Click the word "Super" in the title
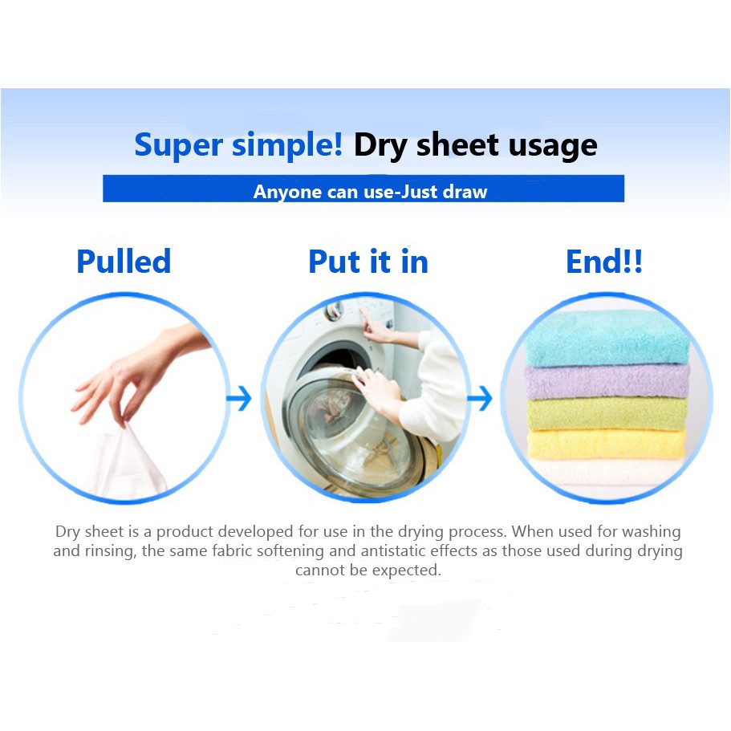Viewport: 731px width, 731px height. pyautogui.click(x=179, y=145)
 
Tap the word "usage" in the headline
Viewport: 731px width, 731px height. pyautogui.click(x=553, y=147)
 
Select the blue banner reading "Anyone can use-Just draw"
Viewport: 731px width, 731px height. pyautogui.click(x=363, y=189)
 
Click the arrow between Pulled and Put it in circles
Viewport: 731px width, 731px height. pyautogui.click(x=239, y=398)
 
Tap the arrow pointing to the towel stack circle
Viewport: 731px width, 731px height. pyautogui.click(x=480, y=398)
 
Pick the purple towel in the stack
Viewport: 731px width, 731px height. pyautogui.click(x=607, y=381)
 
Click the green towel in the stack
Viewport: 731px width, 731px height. pyautogui.click(x=607, y=413)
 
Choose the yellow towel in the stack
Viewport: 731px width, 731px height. pyautogui.click(x=607, y=444)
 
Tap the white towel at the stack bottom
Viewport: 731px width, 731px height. pyautogui.click(x=606, y=472)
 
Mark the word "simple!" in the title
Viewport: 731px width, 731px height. pyautogui.click(x=287, y=145)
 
